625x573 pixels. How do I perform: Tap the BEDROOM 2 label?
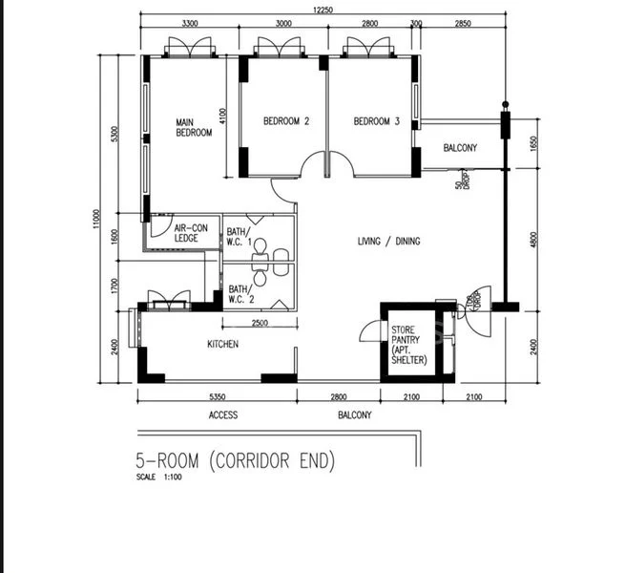[286, 121]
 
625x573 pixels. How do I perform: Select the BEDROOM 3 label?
[377, 121]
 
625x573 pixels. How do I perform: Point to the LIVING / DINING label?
[388, 242]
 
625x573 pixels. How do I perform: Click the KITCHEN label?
[223, 344]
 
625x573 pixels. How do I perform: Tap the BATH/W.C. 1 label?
[240, 238]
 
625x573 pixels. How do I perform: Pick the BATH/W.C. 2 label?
[240, 295]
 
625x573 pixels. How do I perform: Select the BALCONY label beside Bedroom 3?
[460, 148]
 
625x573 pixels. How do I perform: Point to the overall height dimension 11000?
[96, 219]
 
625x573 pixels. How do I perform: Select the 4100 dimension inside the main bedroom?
[222, 117]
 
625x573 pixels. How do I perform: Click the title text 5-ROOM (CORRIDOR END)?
[236, 462]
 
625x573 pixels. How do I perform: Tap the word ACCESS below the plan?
[223, 415]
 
